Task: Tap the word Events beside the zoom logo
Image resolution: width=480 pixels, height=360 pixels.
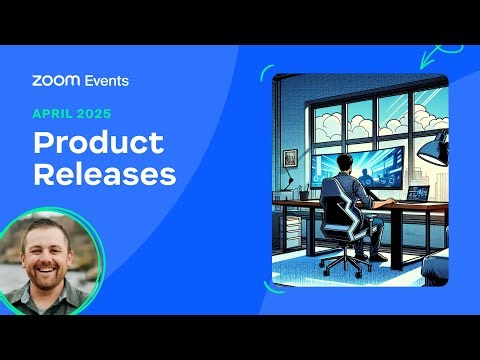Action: [x=107, y=80]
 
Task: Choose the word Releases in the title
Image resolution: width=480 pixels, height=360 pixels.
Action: [x=104, y=174]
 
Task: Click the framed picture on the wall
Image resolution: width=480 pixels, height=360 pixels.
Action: [x=290, y=158]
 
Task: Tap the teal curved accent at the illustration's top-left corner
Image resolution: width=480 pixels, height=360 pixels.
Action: [x=267, y=73]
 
